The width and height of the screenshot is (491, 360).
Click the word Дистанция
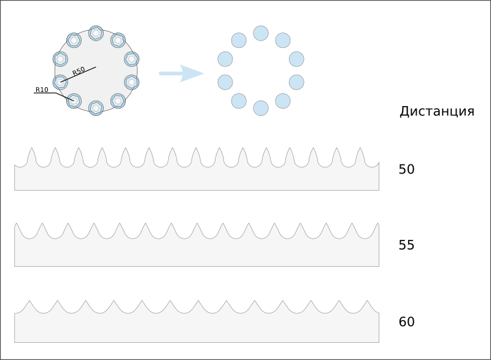(437, 112)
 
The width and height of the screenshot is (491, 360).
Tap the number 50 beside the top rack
(406, 169)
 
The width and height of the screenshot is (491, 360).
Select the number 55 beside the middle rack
(406, 245)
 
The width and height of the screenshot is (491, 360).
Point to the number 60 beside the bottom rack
(406, 322)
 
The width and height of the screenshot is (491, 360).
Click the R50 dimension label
(79, 71)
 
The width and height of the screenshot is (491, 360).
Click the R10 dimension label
(42, 90)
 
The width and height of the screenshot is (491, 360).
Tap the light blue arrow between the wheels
(181, 74)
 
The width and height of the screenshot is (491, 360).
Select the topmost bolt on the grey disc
(96, 33)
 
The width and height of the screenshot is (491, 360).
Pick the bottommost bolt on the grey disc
(96, 108)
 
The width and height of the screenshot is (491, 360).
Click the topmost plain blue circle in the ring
(261, 33)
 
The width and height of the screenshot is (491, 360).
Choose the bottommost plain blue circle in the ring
(261, 108)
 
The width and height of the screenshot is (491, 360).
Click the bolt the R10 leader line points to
(74, 101)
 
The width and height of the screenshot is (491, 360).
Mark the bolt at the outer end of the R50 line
(60, 82)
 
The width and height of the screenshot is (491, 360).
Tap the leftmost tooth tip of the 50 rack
(32, 148)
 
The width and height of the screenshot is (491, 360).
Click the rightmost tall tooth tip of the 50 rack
(360, 148)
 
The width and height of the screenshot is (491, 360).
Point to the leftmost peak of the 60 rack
(29, 301)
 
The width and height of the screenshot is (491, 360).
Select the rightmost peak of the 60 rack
(367, 301)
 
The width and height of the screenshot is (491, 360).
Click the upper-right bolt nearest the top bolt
(118, 40)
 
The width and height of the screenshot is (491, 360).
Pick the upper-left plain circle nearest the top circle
(239, 40)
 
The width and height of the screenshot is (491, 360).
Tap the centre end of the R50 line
(96, 67)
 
